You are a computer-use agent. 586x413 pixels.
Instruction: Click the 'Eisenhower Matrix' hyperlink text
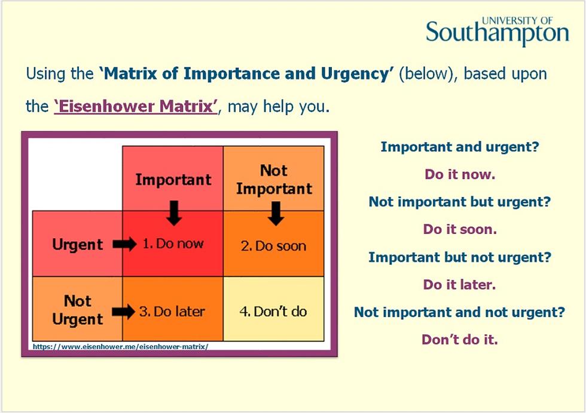click(135, 107)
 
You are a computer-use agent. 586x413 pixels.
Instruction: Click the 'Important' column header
click(173, 180)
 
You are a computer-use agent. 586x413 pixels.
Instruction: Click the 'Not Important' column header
click(273, 180)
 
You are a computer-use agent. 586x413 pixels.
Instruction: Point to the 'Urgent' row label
click(77, 245)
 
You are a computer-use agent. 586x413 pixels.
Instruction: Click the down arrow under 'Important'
click(174, 212)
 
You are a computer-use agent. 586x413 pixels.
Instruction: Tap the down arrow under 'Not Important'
click(275, 213)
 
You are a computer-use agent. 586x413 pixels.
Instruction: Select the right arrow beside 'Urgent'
click(125, 245)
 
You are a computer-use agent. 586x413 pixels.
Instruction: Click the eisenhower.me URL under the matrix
click(120, 346)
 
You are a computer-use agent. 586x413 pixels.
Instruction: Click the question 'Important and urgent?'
click(460, 146)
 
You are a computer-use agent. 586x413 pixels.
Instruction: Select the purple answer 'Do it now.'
click(460, 175)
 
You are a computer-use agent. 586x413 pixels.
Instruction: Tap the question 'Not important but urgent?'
click(459, 202)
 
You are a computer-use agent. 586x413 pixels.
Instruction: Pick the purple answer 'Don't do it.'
click(459, 340)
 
